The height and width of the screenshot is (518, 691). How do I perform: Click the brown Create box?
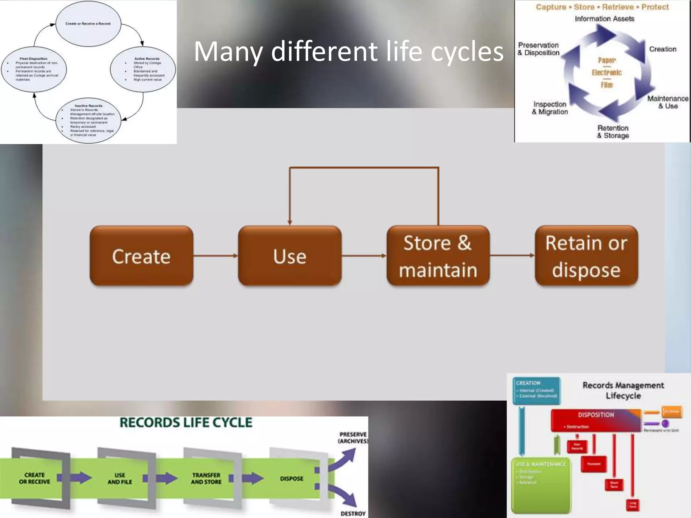pyautogui.click(x=141, y=256)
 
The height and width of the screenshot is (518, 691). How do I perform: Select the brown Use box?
pyautogui.click(x=289, y=256)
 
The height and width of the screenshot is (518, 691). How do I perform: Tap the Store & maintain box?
pyautogui.click(x=438, y=256)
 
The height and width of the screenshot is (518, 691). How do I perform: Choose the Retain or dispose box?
pyautogui.click(x=586, y=256)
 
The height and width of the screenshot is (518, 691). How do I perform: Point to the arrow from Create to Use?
pyautogui.click(x=216, y=256)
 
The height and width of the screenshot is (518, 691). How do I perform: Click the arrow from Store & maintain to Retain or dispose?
pyautogui.click(x=512, y=255)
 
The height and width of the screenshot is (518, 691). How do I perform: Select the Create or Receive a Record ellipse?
pyautogui.click(x=88, y=24)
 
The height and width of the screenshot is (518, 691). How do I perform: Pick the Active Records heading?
pyautogui.click(x=147, y=59)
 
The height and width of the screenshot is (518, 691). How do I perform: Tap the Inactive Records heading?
pyautogui.click(x=88, y=106)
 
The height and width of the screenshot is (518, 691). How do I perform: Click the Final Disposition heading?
pyautogui.click(x=33, y=59)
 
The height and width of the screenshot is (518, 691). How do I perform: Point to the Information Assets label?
pyautogui.click(x=604, y=19)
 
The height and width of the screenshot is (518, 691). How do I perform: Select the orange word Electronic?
pyautogui.click(x=606, y=73)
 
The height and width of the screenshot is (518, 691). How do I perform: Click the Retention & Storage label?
pyautogui.click(x=613, y=132)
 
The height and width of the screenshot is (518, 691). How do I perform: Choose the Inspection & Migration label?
pyautogui.click(x=550, y=108)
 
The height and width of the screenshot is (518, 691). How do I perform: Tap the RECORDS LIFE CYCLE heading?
pyautogui.click(x=186, y=423)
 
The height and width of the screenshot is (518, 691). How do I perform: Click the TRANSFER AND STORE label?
pyautogui.click(x=206, y=478)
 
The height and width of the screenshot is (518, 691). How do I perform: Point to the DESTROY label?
pyautogui.click(x=353, y=513)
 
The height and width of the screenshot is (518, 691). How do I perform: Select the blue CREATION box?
pyautogui.click(x=536, y=391)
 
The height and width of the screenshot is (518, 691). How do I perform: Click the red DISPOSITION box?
pyautogui.click(x=596, y=420)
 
